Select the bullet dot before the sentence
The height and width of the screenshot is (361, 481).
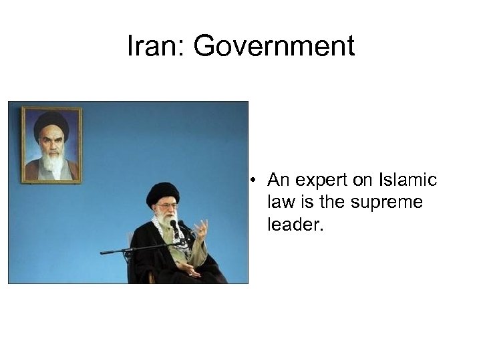click(x=255, y=180)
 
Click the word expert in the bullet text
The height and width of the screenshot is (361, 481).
click(x=320, y=181)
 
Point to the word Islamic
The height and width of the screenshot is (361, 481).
click(x=407, y=180)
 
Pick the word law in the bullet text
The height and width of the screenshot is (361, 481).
click(x=280, y=202)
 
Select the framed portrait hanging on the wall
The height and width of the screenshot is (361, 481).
click(x=51, y=144)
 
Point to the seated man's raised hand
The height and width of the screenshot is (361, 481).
click(x=200, y=231)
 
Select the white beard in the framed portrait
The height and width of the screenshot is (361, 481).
click(x=51, y=160)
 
